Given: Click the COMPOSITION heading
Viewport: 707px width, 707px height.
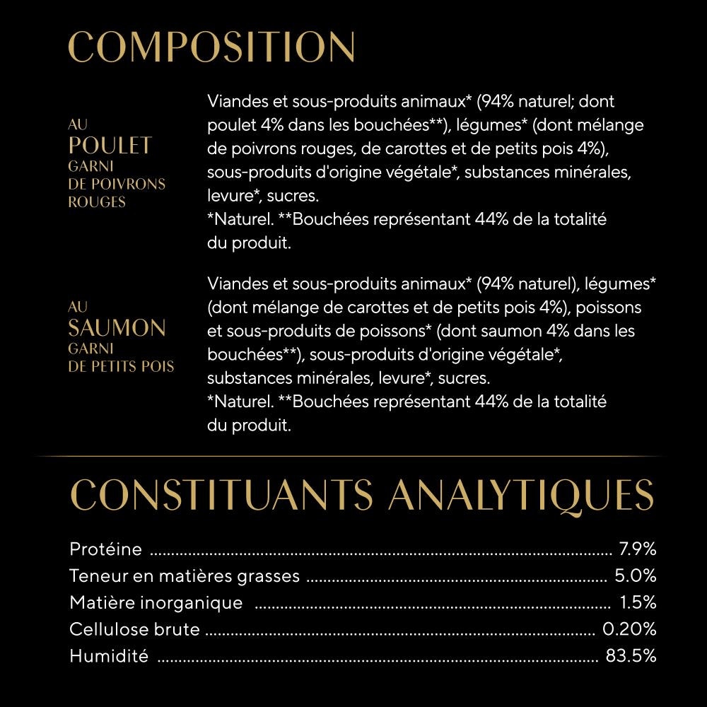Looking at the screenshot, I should coord(211,47).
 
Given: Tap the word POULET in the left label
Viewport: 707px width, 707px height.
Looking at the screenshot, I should coord(110,146).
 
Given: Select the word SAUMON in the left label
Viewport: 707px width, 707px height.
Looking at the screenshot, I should coord(117,328).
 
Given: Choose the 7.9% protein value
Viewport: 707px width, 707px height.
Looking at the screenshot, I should coord(638,549).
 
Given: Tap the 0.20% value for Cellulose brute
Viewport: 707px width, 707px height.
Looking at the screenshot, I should coord(629,629).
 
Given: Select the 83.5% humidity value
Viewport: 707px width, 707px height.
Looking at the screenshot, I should coord(631,656).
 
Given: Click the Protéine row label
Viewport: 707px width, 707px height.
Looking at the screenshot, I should coord(106,549).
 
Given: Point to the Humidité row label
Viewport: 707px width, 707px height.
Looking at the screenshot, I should coord(109,656).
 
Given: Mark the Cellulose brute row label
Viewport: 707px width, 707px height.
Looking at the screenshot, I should coord(134,629).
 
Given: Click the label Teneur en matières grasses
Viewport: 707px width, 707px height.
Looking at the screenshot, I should coord(185,576).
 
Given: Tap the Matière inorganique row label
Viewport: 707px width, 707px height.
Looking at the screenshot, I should coord(156,603).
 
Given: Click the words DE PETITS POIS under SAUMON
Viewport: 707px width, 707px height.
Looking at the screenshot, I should coord(121,366).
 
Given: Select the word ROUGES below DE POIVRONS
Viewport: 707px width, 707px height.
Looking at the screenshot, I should coord(96,202).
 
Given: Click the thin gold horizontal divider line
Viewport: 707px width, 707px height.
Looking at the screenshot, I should coord(353,457).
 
